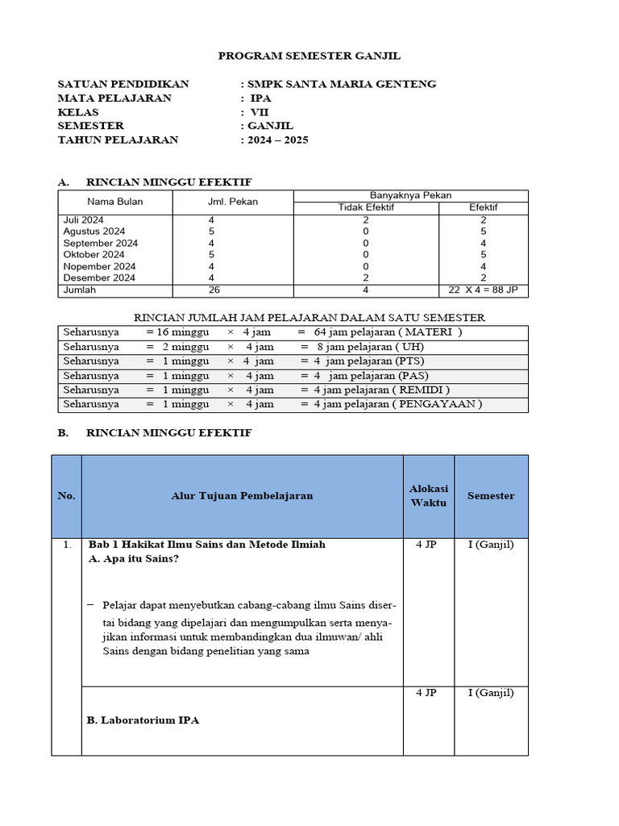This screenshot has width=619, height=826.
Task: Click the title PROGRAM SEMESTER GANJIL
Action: click(x=309, y=56)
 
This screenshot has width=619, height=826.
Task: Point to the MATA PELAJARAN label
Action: click(x=114, y=98)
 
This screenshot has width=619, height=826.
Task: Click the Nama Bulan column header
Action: click(x=114, y=202)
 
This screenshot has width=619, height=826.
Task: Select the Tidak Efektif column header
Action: click(x=365, y=207)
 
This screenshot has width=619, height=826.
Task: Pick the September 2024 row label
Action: click(x=100, y=243)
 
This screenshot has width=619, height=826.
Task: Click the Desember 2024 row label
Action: click(x=99, y=277)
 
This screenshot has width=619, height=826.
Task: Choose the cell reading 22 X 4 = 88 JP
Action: click(x=484, y=290)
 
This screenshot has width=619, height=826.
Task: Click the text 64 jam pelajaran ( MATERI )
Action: click(x=388, y=332)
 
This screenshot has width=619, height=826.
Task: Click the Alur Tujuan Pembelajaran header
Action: click(x=242, y=495)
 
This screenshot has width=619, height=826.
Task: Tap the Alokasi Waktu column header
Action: click(x=428, y=495)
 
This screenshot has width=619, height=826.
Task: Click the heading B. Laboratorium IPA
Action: click(x=143, y=720)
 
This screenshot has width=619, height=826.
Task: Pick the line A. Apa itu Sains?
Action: click(x=133, y=559)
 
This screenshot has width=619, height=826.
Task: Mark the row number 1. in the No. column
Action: click(x=67, y=545)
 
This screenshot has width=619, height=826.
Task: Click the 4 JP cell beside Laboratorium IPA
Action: click(x=427, y=692)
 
